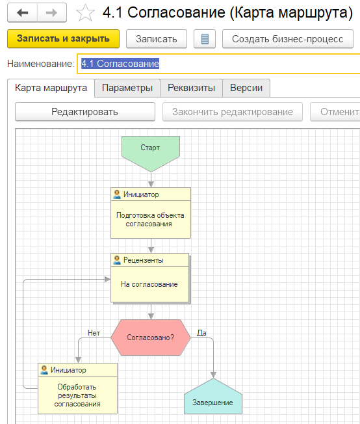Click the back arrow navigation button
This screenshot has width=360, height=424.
tap(23, 12)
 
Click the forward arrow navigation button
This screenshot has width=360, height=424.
tap(51, 12)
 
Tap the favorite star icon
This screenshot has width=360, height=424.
tap(85, 13)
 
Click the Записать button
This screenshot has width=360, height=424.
tap(157, 39)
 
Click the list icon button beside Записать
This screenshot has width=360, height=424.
tap(205, 39)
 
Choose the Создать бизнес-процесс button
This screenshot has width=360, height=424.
tap(288, 39)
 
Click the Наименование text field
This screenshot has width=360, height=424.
tap(218, 64)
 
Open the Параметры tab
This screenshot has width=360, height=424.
tap(127, 88)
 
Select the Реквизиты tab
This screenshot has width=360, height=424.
tap(191, 88)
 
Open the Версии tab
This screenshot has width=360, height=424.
tap(246, 88)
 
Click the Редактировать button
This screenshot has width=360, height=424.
tap(85, 112)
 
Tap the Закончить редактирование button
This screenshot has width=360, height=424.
tap(233, 112)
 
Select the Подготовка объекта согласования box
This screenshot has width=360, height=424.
tap(151, 213)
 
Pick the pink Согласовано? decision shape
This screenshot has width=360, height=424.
tap(151, 338)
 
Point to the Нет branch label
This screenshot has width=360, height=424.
tap(94, 333)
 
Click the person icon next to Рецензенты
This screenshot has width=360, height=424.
tap(117, 260)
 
